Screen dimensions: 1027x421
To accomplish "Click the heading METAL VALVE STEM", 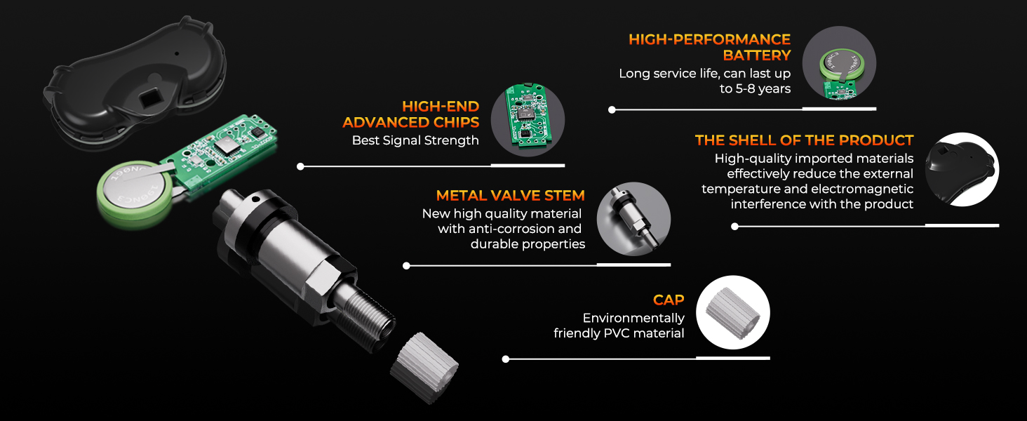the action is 510,196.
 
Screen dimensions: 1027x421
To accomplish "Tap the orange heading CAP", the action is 669,300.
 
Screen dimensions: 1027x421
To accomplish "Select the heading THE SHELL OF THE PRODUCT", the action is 804,140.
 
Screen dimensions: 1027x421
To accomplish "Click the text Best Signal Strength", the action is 415,140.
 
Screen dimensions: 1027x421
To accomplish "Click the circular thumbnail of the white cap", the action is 732,312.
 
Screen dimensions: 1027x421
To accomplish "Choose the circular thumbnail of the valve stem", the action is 633,219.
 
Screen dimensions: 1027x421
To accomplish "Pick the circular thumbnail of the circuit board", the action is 528,120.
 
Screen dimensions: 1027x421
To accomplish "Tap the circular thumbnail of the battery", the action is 839,63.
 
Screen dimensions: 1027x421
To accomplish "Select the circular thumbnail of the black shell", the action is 962,169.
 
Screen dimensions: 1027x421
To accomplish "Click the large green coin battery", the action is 135,193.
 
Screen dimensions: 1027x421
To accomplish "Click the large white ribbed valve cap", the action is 424,368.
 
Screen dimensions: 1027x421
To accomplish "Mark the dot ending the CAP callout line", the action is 506,359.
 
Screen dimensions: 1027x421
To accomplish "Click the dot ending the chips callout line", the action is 300,166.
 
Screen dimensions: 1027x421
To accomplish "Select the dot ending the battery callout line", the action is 612,110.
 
